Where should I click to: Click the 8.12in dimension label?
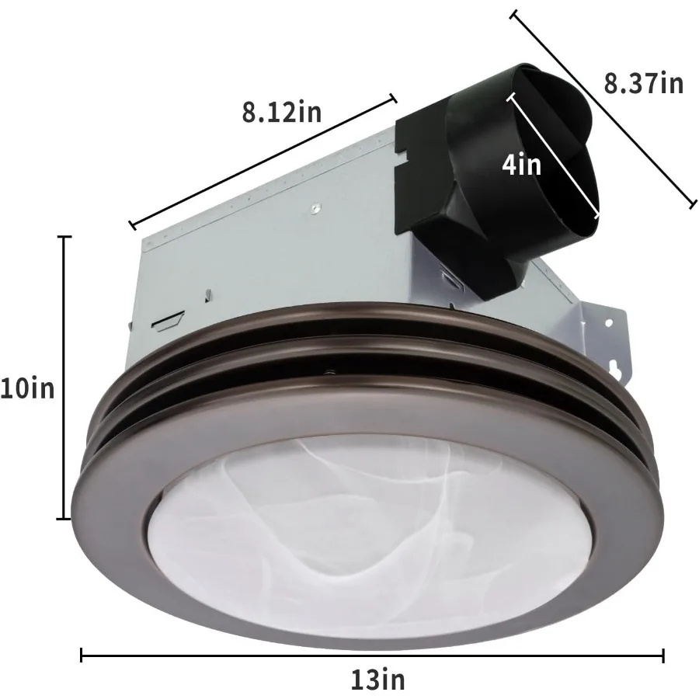point(281,113)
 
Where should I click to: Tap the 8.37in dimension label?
point(644,82)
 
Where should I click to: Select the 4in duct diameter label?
point(520,164)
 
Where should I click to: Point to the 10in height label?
point(27,387)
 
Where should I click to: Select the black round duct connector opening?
point(555,155)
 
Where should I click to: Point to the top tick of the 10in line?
point(66,237)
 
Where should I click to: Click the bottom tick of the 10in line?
point(66,519)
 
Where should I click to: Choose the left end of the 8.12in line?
point(133,227)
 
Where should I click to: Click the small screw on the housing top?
point(316,207)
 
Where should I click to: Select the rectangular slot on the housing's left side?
point(168,319)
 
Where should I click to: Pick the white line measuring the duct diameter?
point(553,155)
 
